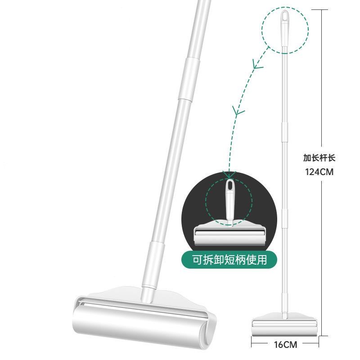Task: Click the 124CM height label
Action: (319, 172)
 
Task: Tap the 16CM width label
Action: (285, 345)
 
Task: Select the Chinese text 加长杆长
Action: (319, 158)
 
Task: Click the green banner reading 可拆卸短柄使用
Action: (229, 260)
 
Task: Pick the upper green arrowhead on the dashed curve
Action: (257, 64)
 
